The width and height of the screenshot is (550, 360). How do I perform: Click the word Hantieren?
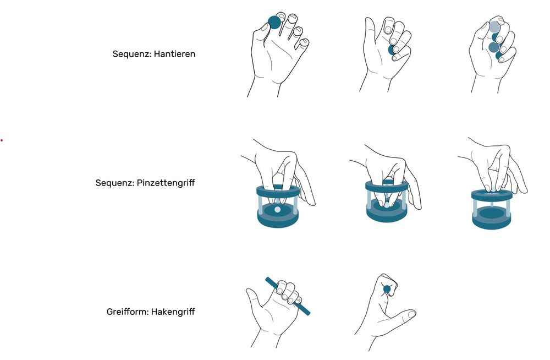(174, 54)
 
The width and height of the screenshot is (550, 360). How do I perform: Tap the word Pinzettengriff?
(166, 183)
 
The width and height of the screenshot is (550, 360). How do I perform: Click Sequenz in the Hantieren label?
(131, 54)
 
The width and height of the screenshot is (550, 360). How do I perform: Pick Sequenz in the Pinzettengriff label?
(115, 183)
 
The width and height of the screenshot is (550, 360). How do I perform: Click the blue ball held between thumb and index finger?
(274, 23)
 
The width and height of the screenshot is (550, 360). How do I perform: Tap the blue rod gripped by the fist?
(288, 297)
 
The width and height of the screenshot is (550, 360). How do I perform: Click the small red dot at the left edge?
(2, 140)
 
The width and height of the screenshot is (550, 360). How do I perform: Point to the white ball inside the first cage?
(277, 210)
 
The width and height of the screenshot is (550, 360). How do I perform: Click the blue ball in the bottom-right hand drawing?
(387, 289)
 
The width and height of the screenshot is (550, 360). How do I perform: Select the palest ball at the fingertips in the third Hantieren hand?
(494, 26)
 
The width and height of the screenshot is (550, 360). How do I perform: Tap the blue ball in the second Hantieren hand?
(391, 50)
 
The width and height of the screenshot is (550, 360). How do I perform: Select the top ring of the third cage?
(474, 195)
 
